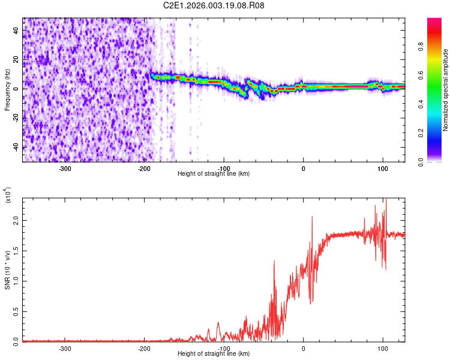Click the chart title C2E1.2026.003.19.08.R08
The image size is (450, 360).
pos(214,5)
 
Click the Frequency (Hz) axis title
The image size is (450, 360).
pos(7,89)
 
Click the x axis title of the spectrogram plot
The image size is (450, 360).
pos(214,174)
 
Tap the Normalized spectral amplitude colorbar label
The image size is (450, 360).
pos(445,89)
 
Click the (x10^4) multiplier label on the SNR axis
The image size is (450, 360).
pos(7,196)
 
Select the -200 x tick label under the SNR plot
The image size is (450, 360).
pos(144,348)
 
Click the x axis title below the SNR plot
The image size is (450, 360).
pos(214,354)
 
